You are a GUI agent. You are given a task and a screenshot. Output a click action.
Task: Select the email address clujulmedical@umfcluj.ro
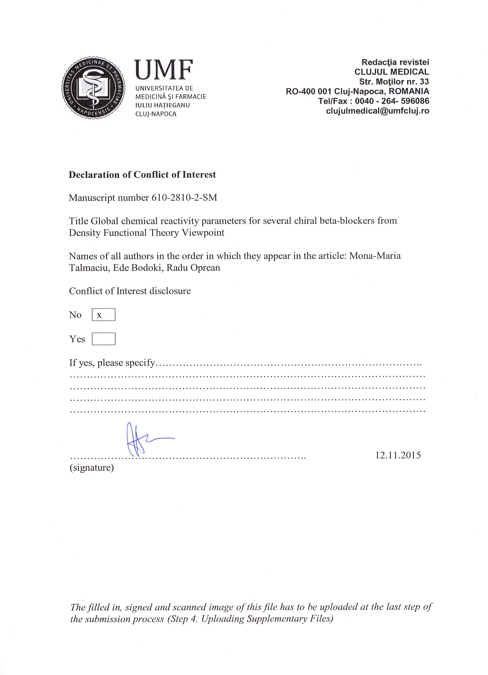point(378,111)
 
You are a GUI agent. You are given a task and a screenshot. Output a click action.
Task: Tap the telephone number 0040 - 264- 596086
point(392,101)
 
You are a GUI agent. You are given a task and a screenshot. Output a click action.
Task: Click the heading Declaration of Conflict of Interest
point(142,175)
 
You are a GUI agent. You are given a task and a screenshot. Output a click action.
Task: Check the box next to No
point(103,315)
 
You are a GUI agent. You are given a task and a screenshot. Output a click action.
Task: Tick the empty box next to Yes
point(103,339)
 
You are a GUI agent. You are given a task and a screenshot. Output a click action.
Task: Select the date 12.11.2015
point(398,455)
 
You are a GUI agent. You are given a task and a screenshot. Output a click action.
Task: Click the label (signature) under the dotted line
point(92,468)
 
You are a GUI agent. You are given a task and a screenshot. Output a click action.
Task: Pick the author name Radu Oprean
point(193,268)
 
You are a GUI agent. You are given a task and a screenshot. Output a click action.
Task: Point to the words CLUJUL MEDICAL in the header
point(392,72)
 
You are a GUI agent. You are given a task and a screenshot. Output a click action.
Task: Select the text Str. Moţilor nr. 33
point(394,82)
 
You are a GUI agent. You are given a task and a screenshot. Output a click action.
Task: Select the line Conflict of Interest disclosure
point(130,291)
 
